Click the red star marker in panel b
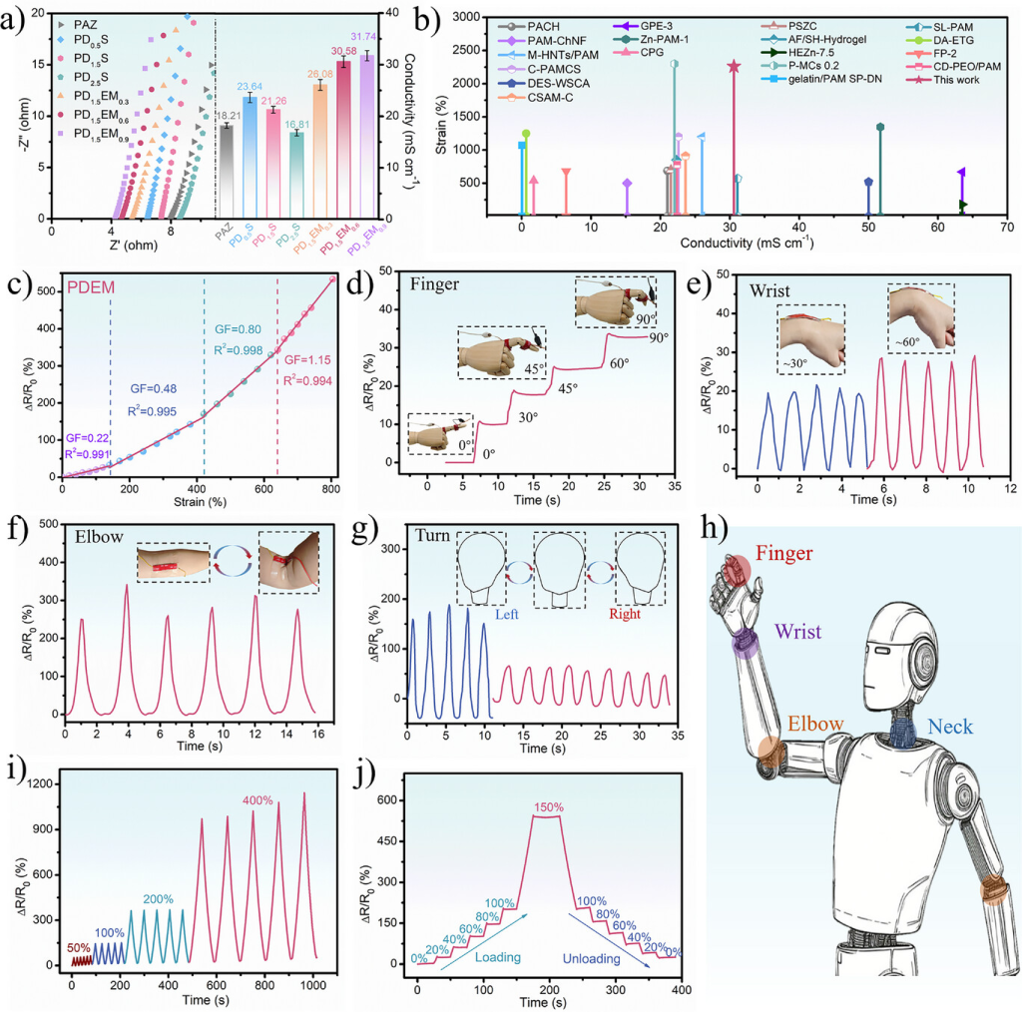click(x=734, y=67)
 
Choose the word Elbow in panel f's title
click(x=101, y=535)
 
